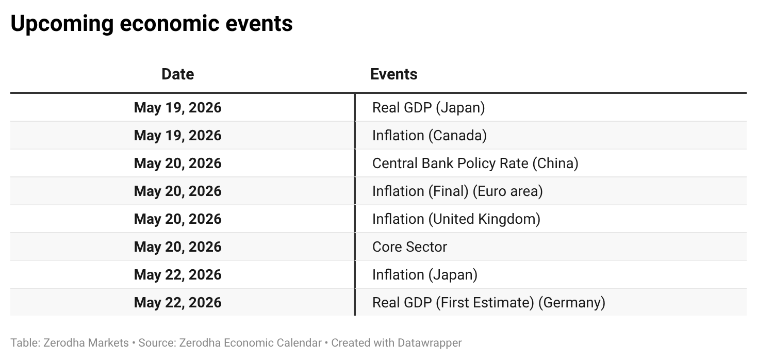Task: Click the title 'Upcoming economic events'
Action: point(152,24)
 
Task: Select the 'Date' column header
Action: point(178,74)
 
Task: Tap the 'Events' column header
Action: point(393,74)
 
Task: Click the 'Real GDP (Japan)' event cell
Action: point(429,108)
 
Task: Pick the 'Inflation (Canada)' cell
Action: point(430,136)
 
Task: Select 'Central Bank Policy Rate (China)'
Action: point(475,163)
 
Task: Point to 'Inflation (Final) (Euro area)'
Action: point(457,191)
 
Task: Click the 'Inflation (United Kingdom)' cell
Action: point(456,219)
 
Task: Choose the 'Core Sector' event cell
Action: point(409,247)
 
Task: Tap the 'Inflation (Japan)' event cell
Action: point(425,275)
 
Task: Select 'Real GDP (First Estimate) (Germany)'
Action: point(489,303)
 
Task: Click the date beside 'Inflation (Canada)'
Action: point(178,136)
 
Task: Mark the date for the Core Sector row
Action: point(178,247)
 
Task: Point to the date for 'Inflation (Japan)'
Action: point(178,275)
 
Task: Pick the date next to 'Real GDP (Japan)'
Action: point(178,108)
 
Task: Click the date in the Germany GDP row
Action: point(178,303)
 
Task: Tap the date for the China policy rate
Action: point(178,163)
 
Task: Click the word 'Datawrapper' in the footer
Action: point(430,343)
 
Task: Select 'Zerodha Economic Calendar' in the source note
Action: point(250,343)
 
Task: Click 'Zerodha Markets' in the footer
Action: point(86,343)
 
